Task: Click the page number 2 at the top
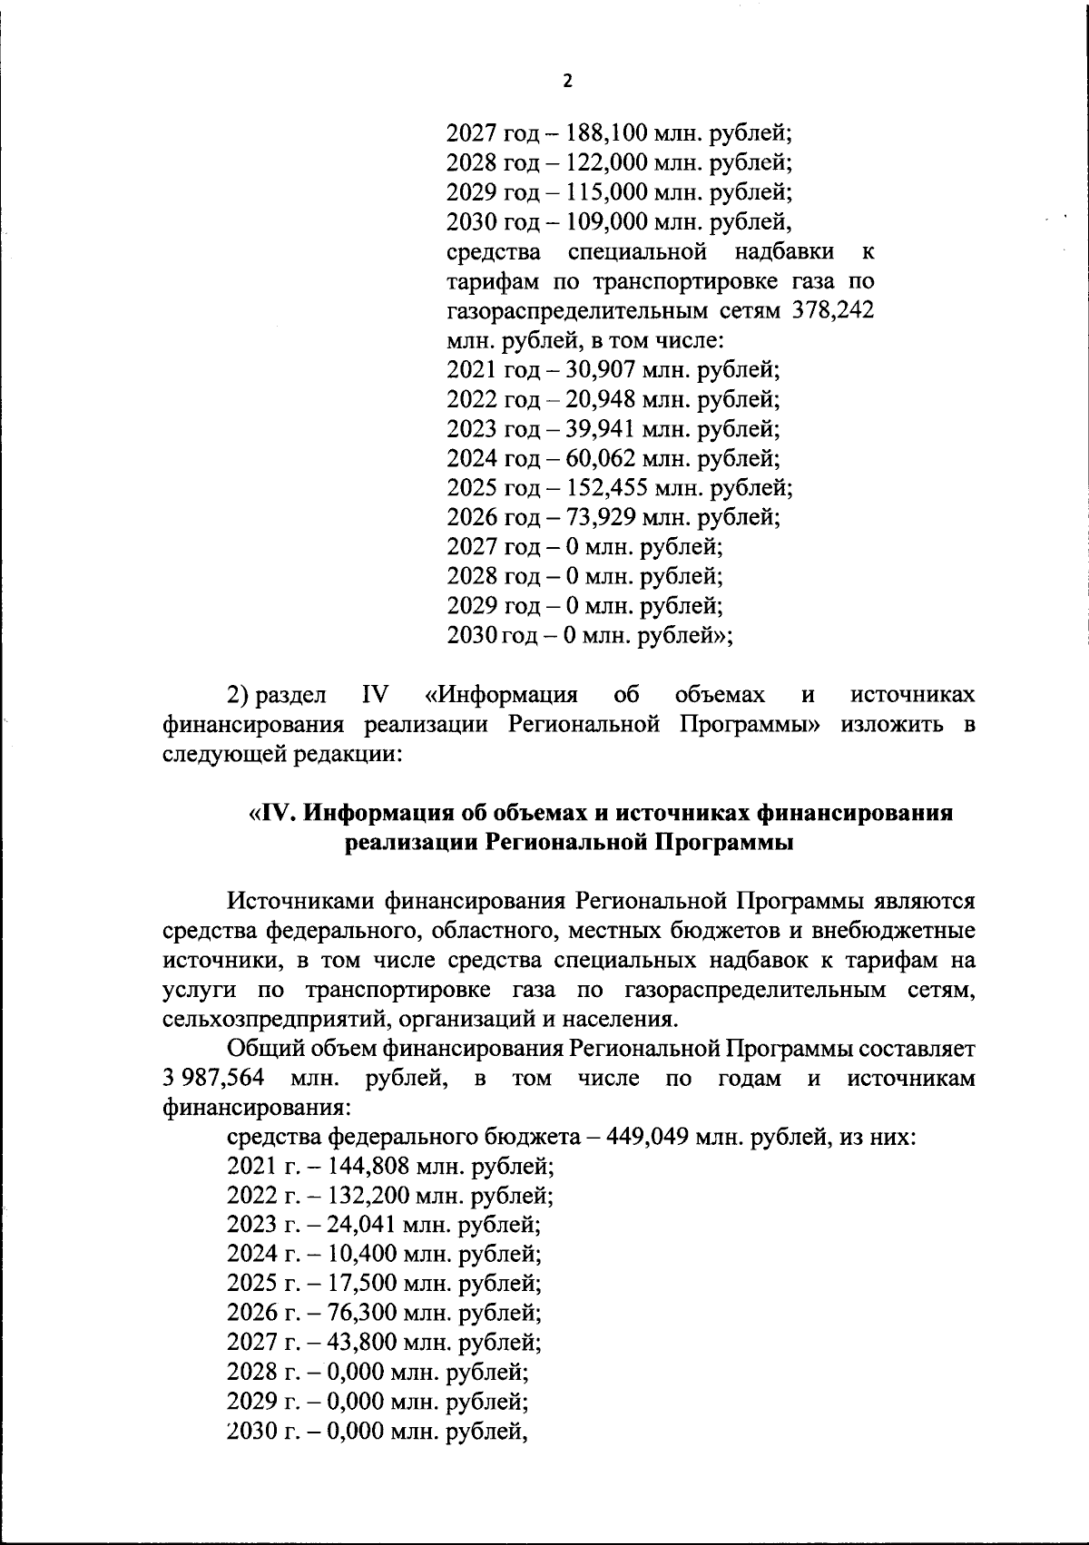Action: (568, 81)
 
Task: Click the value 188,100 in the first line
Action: (599, 133)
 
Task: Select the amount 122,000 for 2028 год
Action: (599, 163)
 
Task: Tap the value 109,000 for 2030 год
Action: (599, 221)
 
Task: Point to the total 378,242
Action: (834, 311)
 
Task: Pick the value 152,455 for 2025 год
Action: (599, 488)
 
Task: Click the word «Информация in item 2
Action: (501, 696)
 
